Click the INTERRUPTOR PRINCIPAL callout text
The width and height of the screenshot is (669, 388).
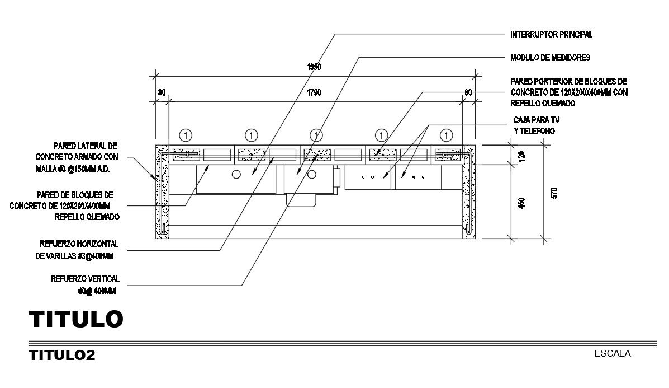coord(551,35)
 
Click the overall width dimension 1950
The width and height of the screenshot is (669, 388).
coord(315,67)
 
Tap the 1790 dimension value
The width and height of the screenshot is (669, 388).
coord(315,92)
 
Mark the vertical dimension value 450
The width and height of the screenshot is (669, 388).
coord(522,203)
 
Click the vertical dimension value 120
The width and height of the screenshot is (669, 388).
coord(522,156)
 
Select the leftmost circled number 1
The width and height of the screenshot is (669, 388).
coord(187,135)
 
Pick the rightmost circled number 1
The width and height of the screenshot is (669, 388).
coord(446,135)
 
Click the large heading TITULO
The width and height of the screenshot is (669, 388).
coord(76,319)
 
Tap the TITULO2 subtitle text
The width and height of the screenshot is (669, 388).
coord(61,355)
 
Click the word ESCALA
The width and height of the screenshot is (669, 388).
coord(613,353)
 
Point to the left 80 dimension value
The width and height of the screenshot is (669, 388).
coord(162,92)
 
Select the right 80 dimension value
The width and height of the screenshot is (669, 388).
coord(468,92)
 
